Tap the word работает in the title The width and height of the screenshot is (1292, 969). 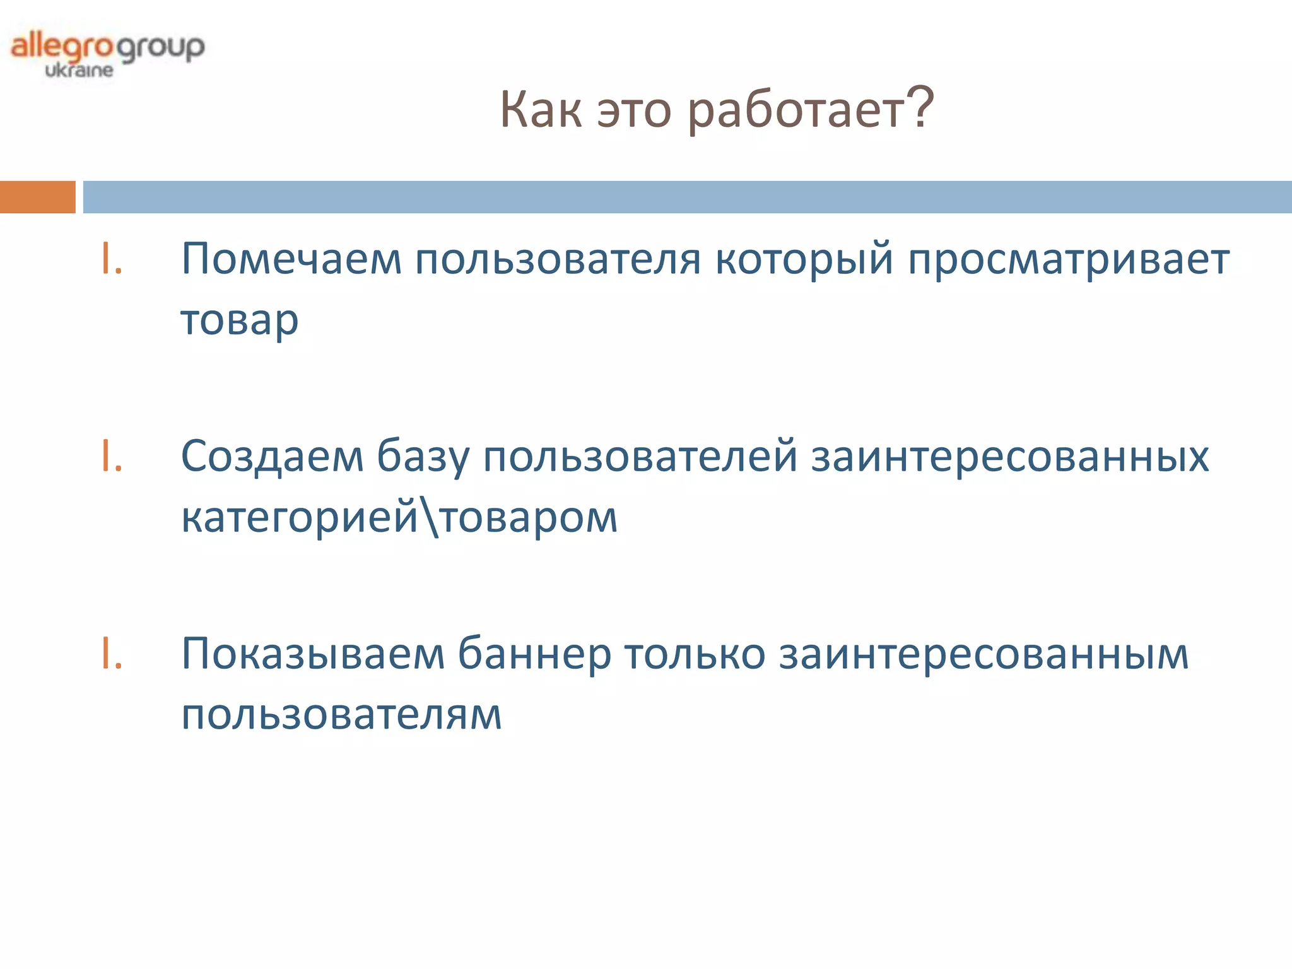click(796, 111)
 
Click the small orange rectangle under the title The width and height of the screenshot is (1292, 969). click(37, 197)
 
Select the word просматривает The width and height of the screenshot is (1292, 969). click(1069, 259)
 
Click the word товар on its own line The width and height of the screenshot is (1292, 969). click(240, 320)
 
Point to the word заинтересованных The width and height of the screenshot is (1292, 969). click(1010, 456)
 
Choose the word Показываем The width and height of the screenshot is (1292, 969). click(313, 654)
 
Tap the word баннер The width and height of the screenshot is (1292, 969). click(534, 654)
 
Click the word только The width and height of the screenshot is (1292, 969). click(695, 654)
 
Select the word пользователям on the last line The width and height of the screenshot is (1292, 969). click(341, 715)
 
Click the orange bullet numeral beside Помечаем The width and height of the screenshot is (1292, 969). click(112, 259)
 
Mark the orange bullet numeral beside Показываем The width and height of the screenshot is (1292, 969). click(112, 654)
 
